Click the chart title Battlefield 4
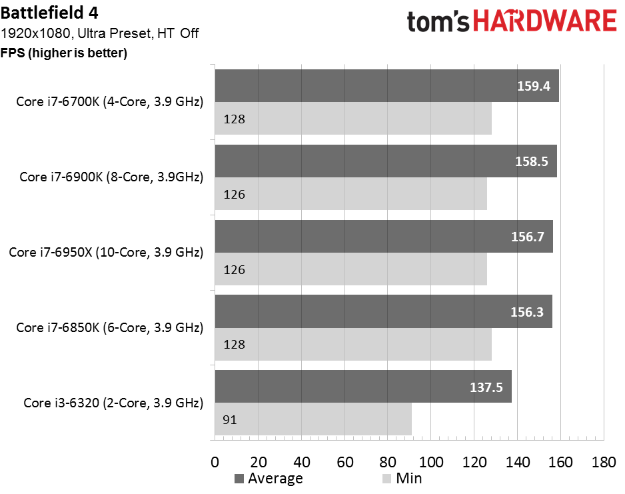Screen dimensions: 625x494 49,13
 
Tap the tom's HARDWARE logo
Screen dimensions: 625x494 512,21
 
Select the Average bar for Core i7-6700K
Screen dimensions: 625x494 386,86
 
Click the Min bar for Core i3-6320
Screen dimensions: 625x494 313,419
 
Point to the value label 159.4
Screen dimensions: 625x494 533,86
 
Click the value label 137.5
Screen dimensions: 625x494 486,387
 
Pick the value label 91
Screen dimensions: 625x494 230,420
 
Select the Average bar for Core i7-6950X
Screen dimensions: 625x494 384,237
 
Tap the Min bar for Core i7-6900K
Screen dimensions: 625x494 350,194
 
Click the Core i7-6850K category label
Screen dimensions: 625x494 110,327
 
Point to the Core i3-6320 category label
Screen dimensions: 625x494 113,403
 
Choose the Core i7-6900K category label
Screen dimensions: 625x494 111,177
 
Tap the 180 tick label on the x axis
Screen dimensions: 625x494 604,462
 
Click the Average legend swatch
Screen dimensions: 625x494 239,479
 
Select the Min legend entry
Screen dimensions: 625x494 402,479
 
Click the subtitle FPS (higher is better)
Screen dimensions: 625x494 64,53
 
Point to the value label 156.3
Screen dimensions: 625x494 526,312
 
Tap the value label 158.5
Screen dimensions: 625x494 531,161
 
